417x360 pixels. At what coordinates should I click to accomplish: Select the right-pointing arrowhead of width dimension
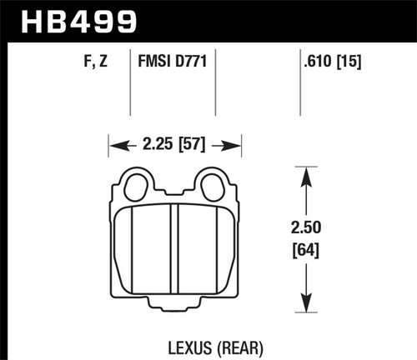tap(236, 146)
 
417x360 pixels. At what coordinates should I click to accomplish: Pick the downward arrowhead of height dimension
tap(308, 307)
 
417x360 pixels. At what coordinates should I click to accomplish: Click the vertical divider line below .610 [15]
tap(299, 92)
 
